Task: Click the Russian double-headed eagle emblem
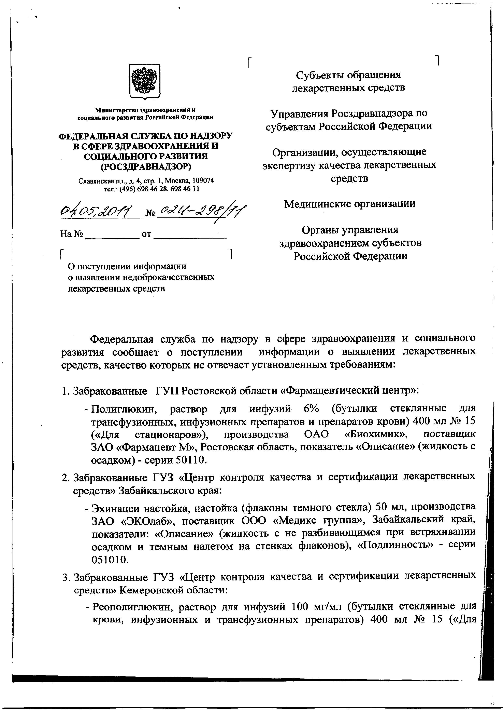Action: click(x=145, y=81)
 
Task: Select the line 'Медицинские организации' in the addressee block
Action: click(x=350, y=204)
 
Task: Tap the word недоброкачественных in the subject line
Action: click(x=169, y=277)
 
